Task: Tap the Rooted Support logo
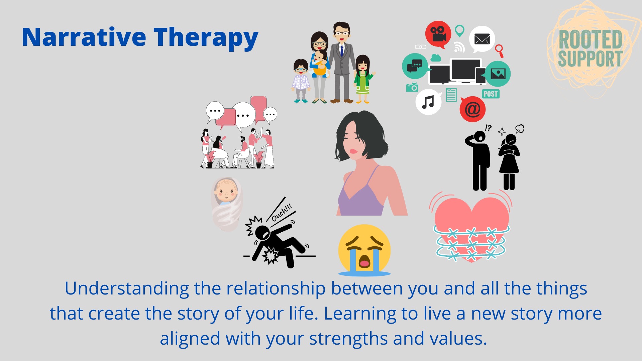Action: (x=590, y=49)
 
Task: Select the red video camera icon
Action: (x=438, y=34)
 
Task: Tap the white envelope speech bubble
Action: (x=481, y=39)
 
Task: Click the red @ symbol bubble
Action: (x=472, y=109)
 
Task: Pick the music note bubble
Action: (x=428, y=102)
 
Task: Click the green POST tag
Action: (x=491, y=94)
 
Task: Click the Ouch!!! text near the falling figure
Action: (x=282, y=213)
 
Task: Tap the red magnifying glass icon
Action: (x=499, y=50)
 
